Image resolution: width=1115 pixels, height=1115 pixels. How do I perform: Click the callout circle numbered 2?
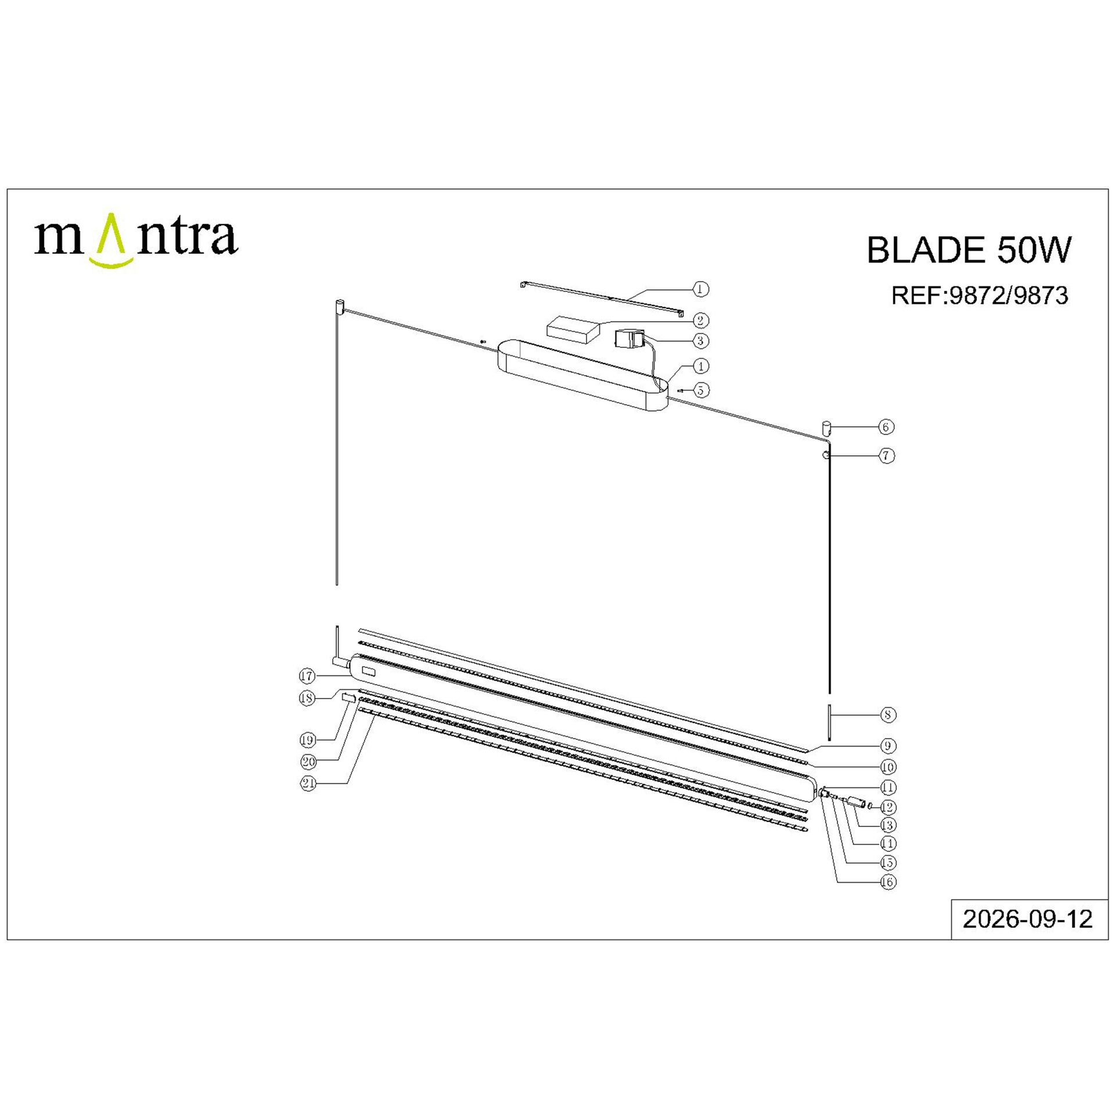pyautogui.click(x=701, y=320)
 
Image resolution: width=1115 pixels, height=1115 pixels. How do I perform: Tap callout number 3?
pyautogui.click(x=701, y=341)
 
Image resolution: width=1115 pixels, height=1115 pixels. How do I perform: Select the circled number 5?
pyautogui.click(x=701, y=390)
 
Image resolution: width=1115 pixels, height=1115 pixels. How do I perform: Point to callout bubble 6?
pyautogui.click(x=886, y=427)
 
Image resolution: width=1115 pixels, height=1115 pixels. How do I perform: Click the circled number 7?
pyautogui.click(x=886, y=456)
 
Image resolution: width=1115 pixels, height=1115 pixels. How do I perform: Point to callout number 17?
pyautogui.click(x=307, y=676)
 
